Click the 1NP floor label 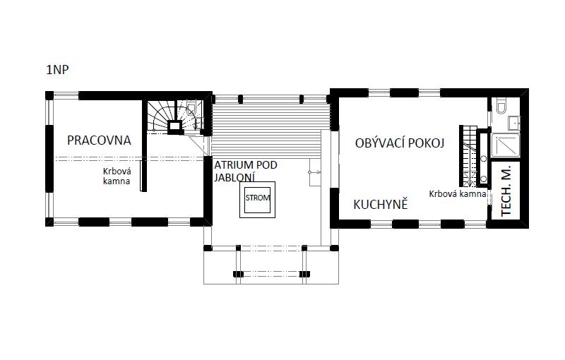57,69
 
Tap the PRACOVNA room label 99,140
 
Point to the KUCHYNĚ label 381,204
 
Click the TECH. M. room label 506,191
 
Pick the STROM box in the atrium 258,200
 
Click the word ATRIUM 234,165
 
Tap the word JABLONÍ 234,177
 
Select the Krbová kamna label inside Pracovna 117,176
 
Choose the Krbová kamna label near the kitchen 458,193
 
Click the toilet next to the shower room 501,106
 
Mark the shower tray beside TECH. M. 506,145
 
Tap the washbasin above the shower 514,123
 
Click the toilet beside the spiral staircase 191,109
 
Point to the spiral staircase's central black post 175,126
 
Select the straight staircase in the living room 468,156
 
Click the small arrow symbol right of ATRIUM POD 315,172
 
